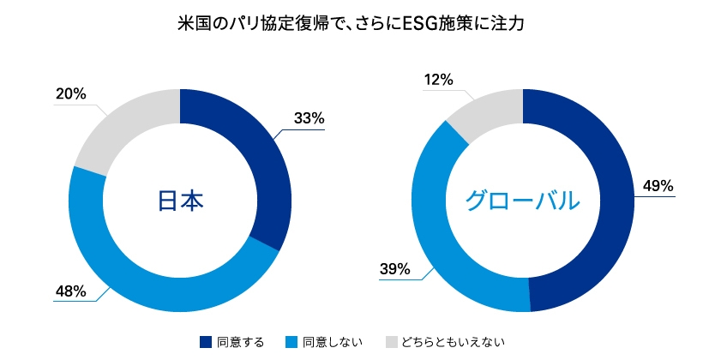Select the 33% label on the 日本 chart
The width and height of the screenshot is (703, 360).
point(308,119)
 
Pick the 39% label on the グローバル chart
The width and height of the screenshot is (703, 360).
point(396,269)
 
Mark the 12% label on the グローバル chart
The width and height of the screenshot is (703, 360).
point(438,80)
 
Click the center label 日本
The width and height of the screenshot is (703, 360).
point(180,201)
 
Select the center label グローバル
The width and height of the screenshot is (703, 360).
point(523,201)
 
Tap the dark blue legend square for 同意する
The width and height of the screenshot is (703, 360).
point(205,342)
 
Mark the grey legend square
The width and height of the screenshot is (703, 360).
point(392,342)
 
